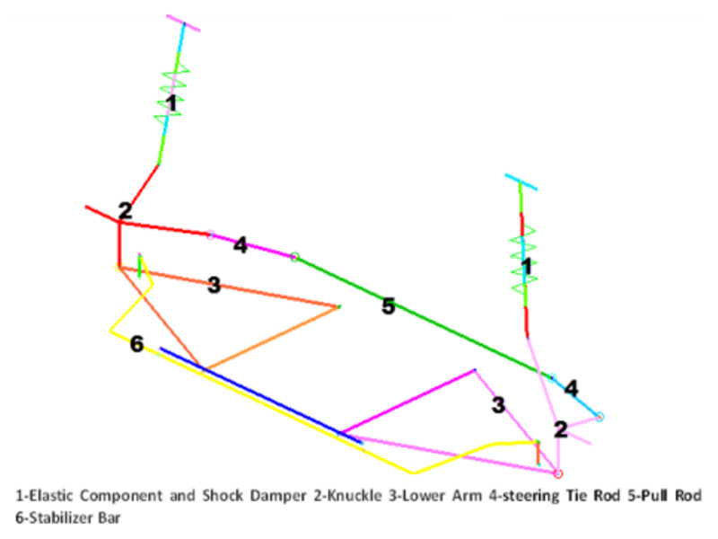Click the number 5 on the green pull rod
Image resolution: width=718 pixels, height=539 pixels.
388,306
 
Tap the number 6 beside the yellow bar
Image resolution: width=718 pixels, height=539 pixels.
136,343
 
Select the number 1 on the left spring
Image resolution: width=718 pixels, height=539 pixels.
172,104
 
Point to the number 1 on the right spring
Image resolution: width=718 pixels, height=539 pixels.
527,266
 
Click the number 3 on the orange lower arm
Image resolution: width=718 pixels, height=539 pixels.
214,286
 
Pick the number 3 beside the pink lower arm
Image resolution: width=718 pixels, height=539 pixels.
498,405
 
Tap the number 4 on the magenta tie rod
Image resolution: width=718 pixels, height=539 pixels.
240,244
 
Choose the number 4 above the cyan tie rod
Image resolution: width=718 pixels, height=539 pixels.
571,388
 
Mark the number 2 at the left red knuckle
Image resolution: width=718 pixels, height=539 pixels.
125,211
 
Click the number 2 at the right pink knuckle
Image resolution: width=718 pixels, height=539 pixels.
561,429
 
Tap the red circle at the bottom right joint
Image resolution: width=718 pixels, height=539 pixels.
557,473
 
